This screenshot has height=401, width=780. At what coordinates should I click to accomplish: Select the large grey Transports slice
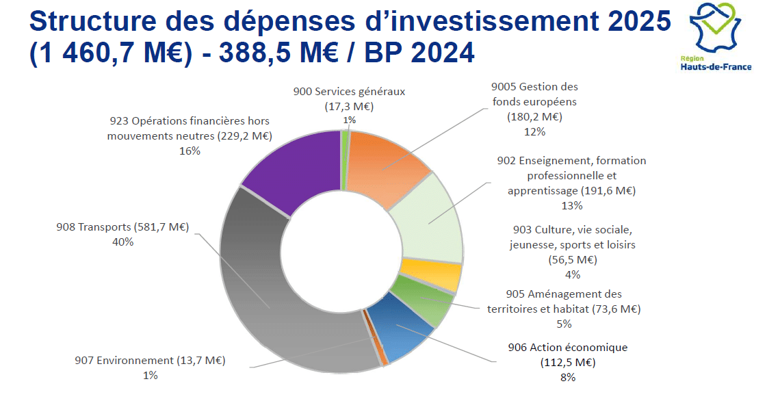pyautogui.click(x=274, y=301)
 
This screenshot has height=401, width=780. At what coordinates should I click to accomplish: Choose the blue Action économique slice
pyautogui.click(x=404, y=325)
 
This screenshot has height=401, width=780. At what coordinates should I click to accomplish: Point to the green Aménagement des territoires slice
pyautogui.click(x=424, y=301)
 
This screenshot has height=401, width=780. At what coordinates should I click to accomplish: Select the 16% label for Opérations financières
pyautogui.click(x=190, y=151)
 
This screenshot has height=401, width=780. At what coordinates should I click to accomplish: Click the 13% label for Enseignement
pyautogui.click(x=572, y=205)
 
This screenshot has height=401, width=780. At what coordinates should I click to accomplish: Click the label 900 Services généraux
pyautogui.click(x=349, y=91)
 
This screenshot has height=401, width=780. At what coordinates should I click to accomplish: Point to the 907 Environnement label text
pyautogui.click(x=150, y=361)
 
